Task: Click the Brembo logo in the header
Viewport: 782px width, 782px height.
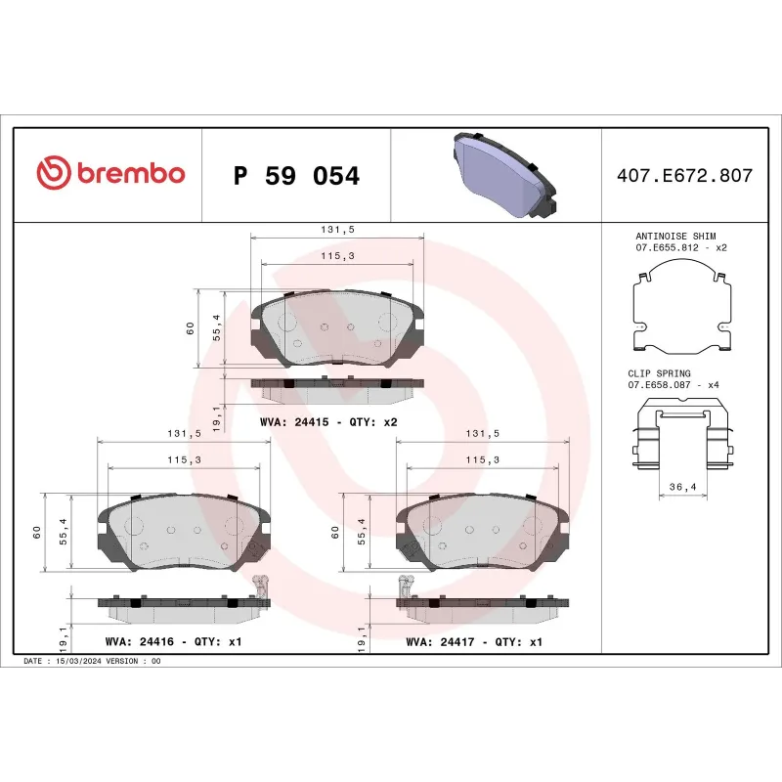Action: (x=110, y=174)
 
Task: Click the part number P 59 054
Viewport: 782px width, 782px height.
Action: (x=297, y=176)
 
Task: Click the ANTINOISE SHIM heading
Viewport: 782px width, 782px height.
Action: (x=675, y=236)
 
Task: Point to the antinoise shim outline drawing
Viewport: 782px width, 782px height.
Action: (x=682, y=313)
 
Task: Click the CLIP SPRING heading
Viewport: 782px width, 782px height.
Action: (x=659, y=373)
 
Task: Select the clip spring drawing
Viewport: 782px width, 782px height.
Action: (x=682, y=445)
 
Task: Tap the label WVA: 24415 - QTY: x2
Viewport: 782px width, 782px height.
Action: (x=327, y=422)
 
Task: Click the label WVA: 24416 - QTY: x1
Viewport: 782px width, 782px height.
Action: (x=172, y=642)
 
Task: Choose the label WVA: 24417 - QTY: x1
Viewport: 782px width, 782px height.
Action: (x=473, y=642)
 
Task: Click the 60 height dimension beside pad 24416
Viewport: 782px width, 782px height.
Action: (x=36, y=533)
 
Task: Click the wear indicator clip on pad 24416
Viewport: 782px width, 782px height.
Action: (x=260, y=586)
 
